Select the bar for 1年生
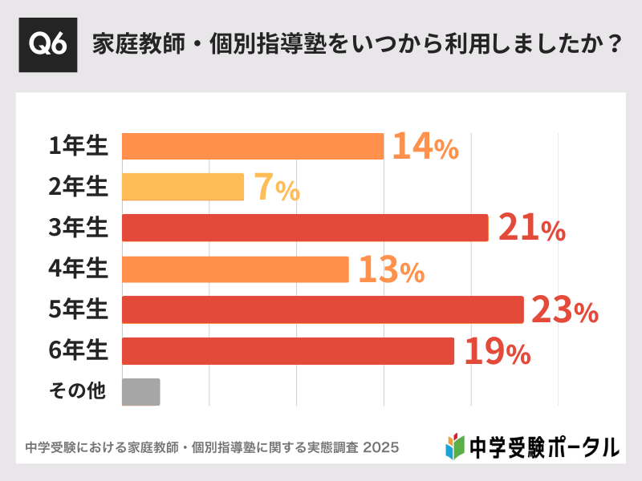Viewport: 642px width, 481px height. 253,146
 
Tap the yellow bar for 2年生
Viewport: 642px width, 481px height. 183,187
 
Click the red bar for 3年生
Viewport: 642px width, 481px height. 305,228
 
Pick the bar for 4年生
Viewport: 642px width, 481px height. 235,269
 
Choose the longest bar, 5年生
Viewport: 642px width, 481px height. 323,309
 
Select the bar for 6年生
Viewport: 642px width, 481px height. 288,351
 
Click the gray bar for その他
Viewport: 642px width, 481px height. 141,392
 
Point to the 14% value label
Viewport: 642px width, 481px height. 425,147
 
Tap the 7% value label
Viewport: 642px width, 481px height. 277,188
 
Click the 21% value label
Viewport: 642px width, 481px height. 531,228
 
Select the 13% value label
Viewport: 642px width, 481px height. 391,270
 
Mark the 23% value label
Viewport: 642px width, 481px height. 565,311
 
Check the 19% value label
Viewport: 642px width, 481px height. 496,352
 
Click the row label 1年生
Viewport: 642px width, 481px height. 78,146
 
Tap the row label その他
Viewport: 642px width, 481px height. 78,392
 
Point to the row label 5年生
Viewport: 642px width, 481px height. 78,309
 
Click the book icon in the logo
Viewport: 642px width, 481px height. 455,446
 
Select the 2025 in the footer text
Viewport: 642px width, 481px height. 381,447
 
